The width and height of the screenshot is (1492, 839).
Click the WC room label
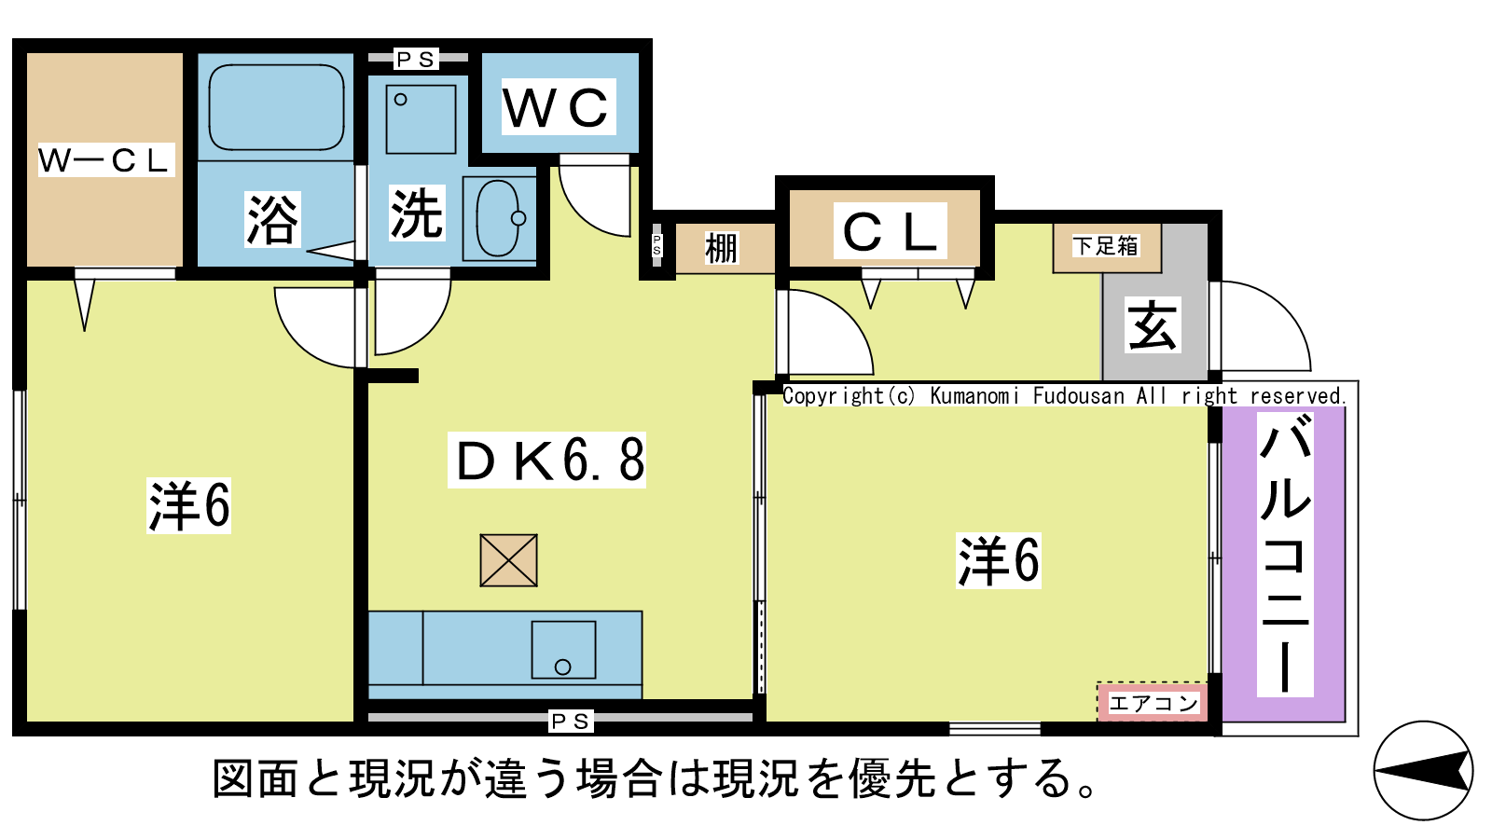tap(559, 107)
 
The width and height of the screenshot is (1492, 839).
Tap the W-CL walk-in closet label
tap(106, 159)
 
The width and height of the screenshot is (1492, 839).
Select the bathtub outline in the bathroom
tap(276, 107)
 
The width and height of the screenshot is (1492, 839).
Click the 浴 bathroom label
tap(272, 219)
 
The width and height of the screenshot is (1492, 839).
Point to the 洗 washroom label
tap(417, 213)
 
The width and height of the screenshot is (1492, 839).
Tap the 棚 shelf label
tap(722, 248)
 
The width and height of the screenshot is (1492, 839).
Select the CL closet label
tap(890, 231)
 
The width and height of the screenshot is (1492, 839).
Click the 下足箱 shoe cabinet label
tap(1106, 246)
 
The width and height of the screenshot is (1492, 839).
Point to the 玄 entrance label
tap(1153, 324)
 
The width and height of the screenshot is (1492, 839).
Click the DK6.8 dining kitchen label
tap(546, 461)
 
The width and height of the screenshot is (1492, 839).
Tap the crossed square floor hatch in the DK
tap(509, 560)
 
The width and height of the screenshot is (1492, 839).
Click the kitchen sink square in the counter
tap(563, 650)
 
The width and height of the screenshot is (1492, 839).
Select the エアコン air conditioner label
tap(1153, 703)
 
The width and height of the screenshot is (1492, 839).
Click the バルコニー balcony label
tap(1285, 555)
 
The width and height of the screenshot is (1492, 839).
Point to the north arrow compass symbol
tap(1423, 771)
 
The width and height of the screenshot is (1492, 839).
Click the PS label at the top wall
tap(416, 60)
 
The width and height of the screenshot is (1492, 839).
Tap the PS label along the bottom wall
tap(571, 722)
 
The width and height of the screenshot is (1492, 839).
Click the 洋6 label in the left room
tap(189, 505)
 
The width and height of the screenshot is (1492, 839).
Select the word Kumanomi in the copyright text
tap(974, 396)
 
